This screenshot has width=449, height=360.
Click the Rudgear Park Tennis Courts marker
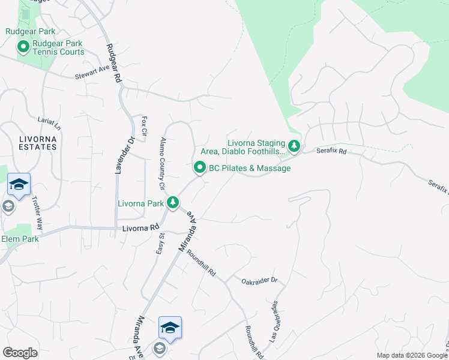[23, 46]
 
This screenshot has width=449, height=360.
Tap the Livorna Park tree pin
[173, 202]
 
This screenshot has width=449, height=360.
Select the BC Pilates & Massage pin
[200, 168]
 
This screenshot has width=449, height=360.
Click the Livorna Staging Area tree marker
[294, 145]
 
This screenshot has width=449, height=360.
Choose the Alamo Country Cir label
[163, 157]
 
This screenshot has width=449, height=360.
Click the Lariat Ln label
[49, 124]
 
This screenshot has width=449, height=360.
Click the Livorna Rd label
[140, 228]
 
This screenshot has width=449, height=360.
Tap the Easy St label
[160, 243]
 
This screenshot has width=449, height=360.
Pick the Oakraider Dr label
[260, 280]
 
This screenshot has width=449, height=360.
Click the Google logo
[20, 352]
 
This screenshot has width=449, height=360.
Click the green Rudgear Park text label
[30, 31]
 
